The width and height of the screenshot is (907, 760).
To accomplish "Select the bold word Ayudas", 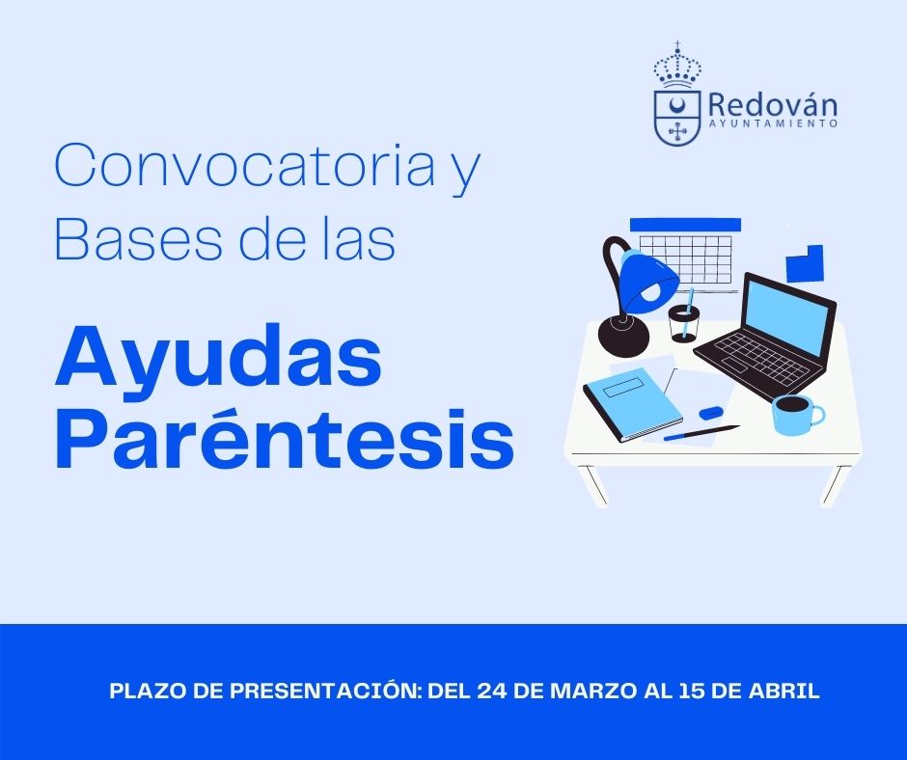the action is click(x=218, y=358).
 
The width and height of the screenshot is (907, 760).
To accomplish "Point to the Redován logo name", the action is click(x=772, y=105).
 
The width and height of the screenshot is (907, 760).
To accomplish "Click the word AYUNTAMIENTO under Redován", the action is click(x=773, y=123).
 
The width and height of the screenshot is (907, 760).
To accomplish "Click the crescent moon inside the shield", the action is click(x=676, y=106).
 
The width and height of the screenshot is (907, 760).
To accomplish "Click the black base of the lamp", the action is click(x=623, y=335).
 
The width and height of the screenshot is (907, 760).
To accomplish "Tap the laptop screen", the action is click(x=790, y=315).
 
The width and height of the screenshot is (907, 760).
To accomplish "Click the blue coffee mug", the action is click(x=796, y=415).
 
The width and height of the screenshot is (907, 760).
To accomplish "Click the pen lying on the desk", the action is click(x=701, y=433).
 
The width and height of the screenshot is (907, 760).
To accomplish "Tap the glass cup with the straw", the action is click(x=684, y=323).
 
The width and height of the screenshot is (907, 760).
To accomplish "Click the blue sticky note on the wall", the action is click(x=804, y=263).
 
